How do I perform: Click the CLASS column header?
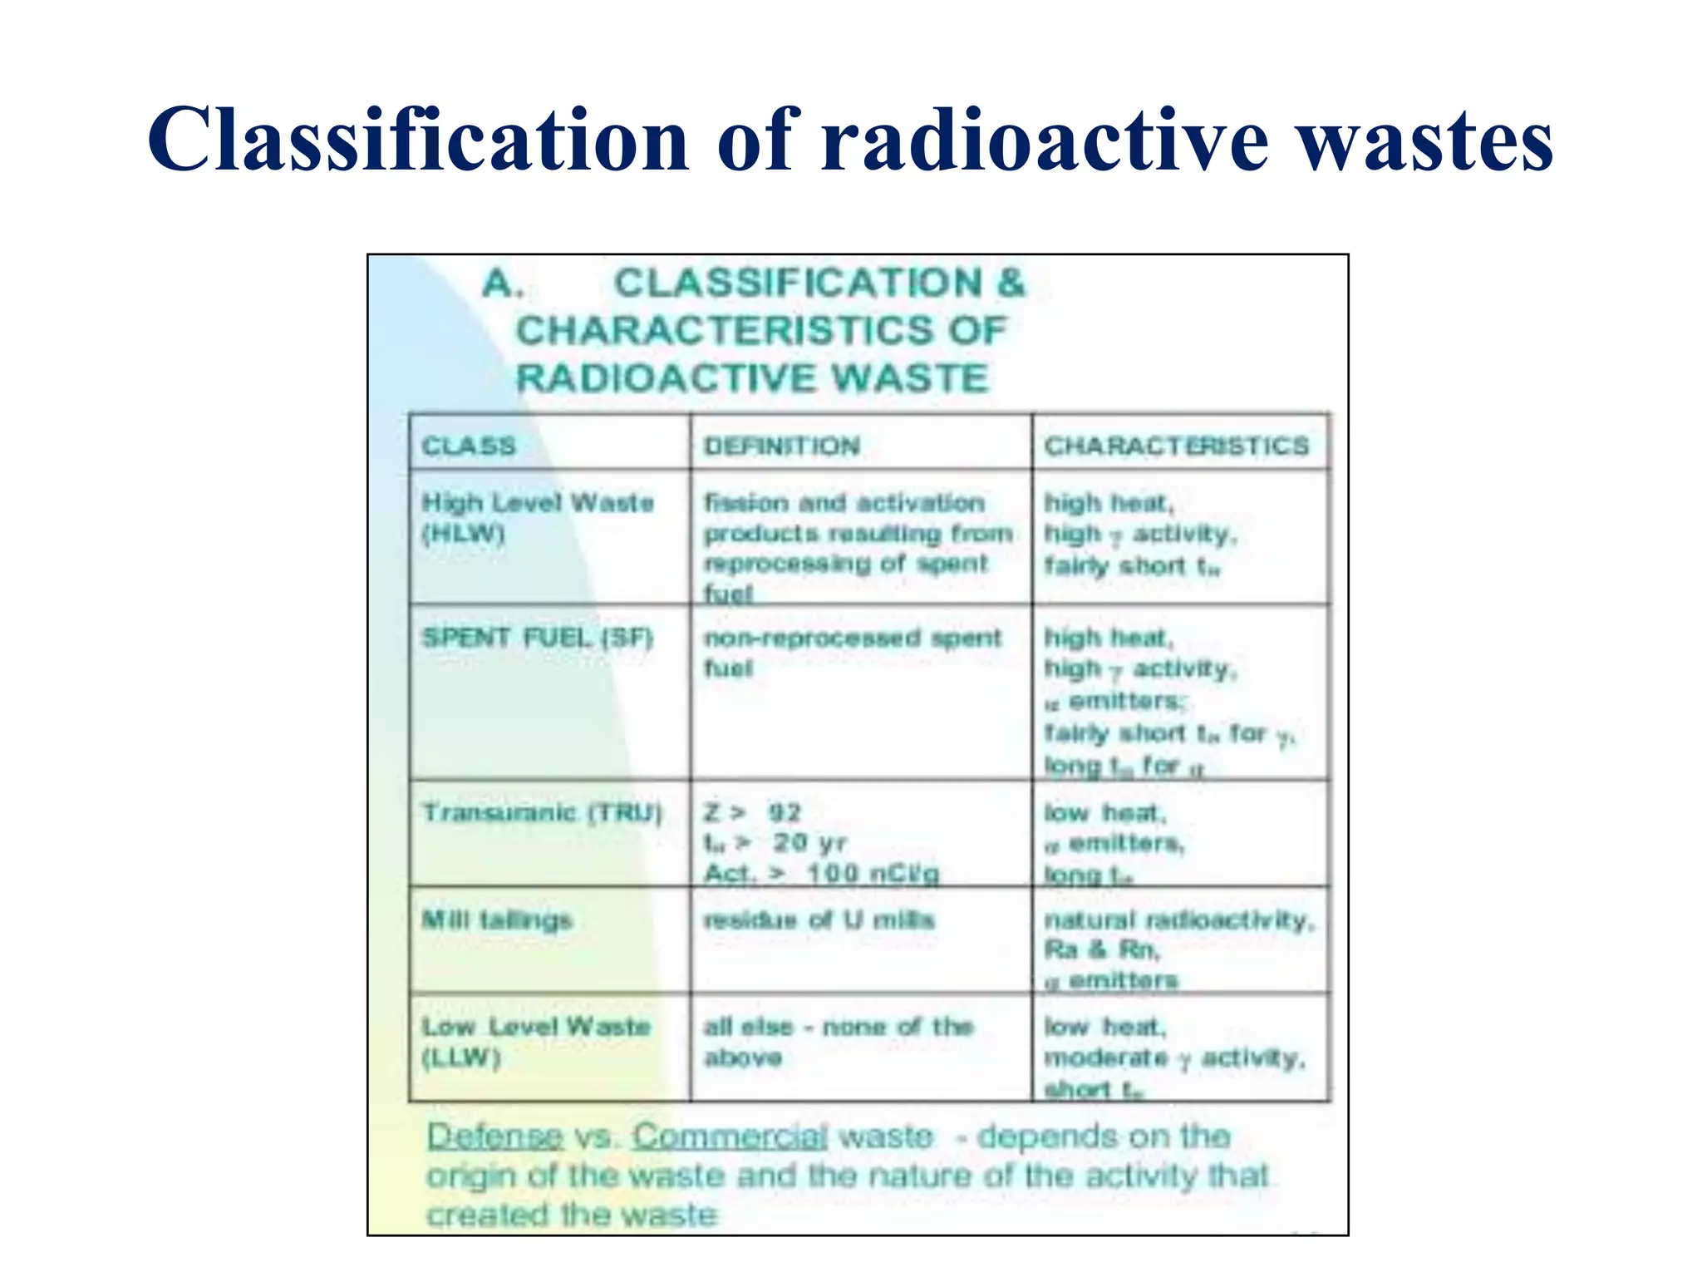point(469,446)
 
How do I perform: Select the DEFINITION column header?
point(782,446)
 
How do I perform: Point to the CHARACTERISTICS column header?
point(1176,446)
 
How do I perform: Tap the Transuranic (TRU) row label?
point(542,812)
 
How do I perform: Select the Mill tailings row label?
point(497,920)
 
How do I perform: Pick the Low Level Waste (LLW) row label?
point(536,1042)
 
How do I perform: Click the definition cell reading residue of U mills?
point(819,920)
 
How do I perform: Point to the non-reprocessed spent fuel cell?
point(852,652)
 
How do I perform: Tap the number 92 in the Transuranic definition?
point(785,812)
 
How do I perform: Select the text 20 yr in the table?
point(809,843)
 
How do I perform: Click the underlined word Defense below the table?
point(495,1136)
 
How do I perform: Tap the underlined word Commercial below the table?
point(730,1136)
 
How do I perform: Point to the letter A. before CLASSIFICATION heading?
point(503,284)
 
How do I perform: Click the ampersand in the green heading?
point(1011,283)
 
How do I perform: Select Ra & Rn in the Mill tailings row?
point(1101,949)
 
